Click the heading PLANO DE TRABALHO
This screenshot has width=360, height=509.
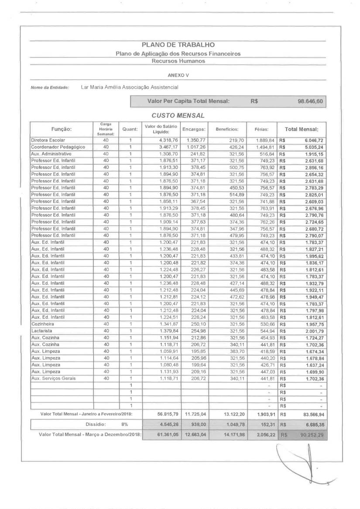(178, 45)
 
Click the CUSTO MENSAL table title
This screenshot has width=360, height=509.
(178, 115)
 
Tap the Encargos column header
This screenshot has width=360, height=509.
(194, 129)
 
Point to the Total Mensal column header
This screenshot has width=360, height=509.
(302, 129)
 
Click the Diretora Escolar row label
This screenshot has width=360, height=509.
(48, 140)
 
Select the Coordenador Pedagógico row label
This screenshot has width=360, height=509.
(58, 147)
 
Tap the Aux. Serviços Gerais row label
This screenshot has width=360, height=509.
(53, 378)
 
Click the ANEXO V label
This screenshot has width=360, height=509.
(178, 75)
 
